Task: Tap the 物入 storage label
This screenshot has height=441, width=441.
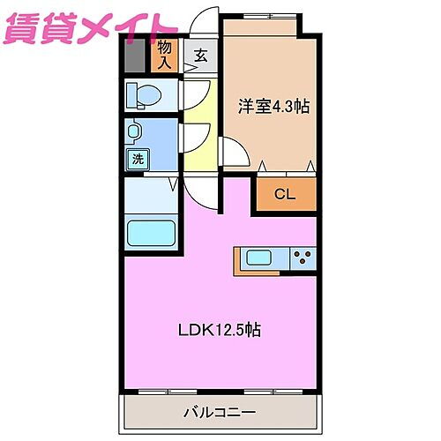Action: click(165, 54)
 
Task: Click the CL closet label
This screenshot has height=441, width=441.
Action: click(285, 194)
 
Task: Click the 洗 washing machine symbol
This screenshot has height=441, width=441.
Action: click(138, 160)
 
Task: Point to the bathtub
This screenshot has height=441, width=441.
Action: click(151, 235)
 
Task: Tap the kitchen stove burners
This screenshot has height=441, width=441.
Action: click(302, 258)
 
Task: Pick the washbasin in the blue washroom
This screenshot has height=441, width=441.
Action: click(135, 132)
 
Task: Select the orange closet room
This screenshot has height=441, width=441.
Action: click(285, 194)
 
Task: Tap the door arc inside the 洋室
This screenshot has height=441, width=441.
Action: click(234, 154)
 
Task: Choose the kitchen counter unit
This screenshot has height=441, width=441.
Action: click(275, 258)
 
